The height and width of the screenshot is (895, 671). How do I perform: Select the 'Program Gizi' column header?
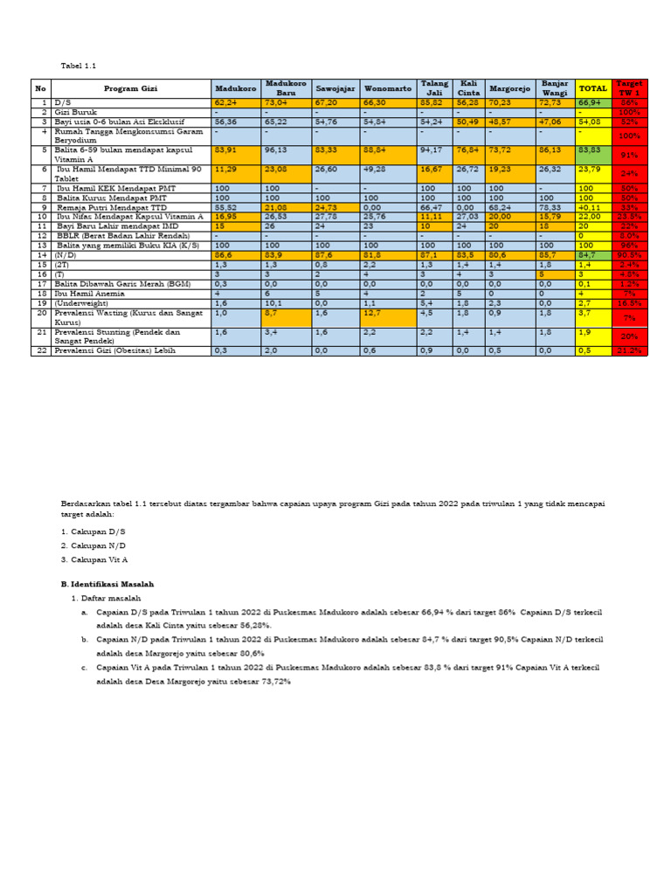coord(132,88)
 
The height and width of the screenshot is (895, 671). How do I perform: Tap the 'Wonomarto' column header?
coord(386,88)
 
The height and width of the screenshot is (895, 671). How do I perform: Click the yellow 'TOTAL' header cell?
coord(593,88)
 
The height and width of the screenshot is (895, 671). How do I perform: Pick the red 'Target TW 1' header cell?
coord(629,87)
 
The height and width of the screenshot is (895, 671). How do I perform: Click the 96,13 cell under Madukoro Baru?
coord(275,150)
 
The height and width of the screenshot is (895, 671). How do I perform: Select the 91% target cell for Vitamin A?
coord(629,155)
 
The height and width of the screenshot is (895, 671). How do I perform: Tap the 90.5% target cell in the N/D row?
coord(629,254)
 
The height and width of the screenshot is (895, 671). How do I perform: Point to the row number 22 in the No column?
coord(40,350)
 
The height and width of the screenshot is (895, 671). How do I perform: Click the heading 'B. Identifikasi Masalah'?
coord(107,582)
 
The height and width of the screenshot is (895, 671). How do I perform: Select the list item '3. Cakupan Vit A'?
coord(94,558)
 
